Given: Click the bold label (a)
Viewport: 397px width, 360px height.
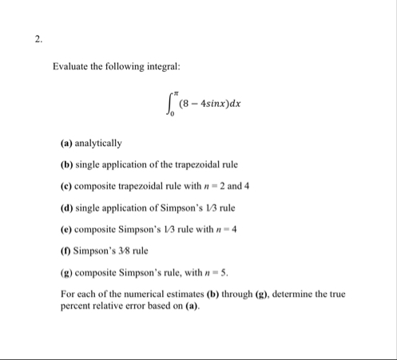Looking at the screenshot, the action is point(67,144).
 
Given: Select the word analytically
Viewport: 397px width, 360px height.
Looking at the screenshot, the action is point(98,144).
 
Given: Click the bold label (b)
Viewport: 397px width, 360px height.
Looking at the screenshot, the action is point(67,164).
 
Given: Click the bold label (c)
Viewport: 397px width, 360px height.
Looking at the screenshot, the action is point(67,185).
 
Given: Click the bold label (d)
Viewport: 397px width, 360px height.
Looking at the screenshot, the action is point(67,206).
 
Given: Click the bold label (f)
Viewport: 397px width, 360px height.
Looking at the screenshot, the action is point(66,247).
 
